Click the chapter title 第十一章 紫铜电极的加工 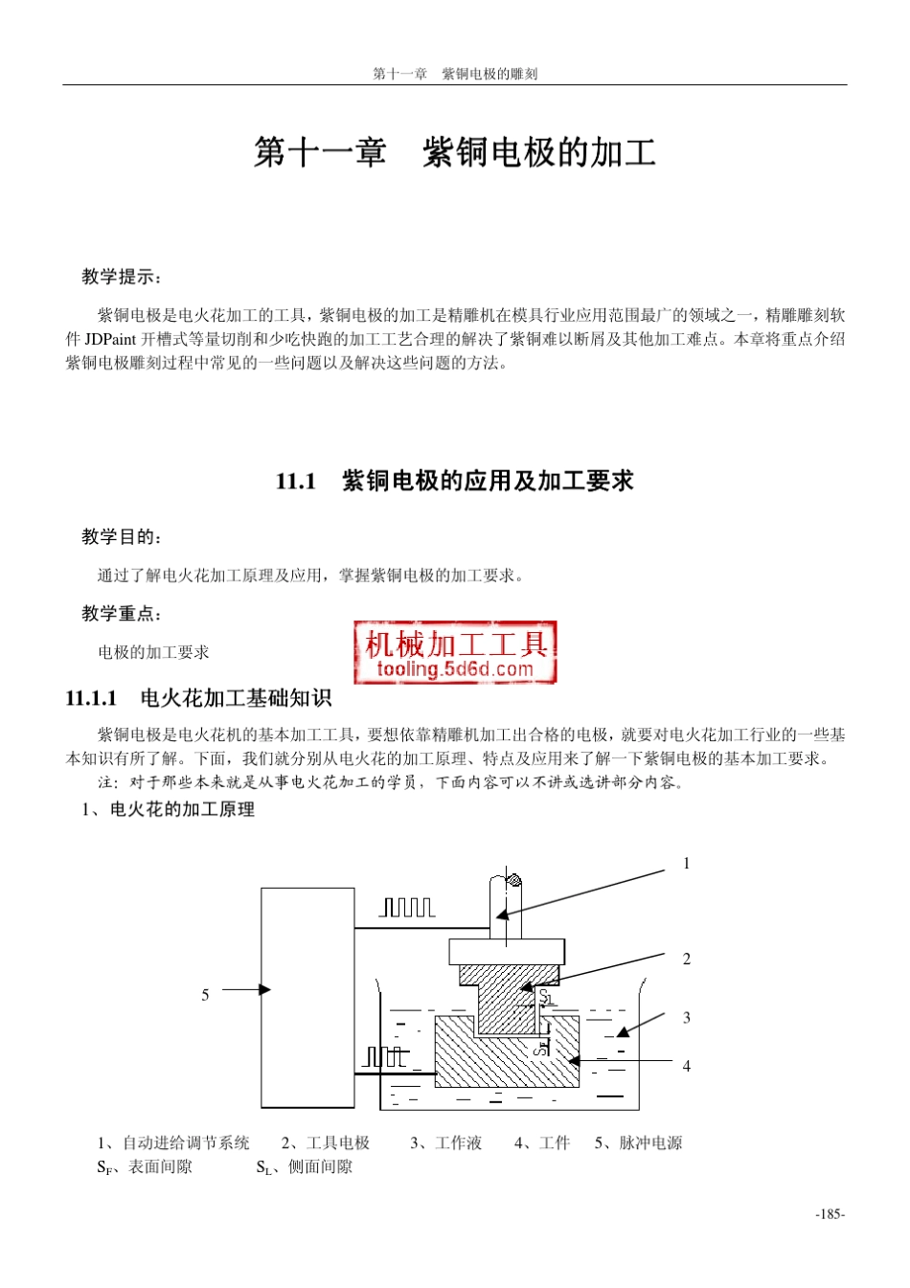click(454, 152)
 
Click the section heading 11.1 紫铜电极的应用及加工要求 click(454, 481)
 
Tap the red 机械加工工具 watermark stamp click(455, 652)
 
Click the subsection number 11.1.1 click(91, 698)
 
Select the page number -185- click(830, 1214)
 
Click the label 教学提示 click(121, 277)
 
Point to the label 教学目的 click(121, 536)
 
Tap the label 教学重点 click(121, 613)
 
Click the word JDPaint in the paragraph click(110, 339)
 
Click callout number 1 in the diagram click(686, 864)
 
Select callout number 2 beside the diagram click(686, 959)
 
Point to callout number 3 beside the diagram click(686, 1018)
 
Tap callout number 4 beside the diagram click(686, 1066)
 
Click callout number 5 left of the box click(205, 996)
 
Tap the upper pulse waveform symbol click(408, 907)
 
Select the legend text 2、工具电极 click(326, 1142)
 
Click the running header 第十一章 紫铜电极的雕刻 click(455, 74)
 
